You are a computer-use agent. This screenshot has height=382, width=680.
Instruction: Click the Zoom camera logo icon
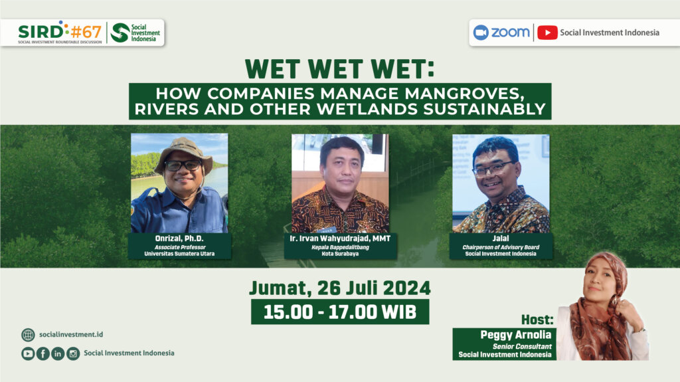tap(481, 33)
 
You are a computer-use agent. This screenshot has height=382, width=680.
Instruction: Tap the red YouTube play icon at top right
tap(547, 33)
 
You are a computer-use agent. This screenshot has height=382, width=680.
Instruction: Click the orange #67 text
tap(86, 32)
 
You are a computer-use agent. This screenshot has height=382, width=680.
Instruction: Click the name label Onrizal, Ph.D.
tap(179, 239)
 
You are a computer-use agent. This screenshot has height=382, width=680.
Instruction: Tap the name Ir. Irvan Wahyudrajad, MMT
tap(340, 239)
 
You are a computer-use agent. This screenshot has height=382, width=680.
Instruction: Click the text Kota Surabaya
tap(340, 254)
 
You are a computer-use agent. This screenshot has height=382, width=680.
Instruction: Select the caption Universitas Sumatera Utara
tap(179, 254)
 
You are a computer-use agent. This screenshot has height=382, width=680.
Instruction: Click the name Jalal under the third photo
tap(501, 239)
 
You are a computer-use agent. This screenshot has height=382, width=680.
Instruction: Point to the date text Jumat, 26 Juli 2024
tap(340, 288)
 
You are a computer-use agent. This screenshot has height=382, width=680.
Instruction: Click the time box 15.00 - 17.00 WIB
tap(340, 312)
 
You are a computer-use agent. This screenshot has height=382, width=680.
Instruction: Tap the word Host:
tap(537, 320)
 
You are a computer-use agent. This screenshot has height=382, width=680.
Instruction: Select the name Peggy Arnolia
tap(515, 335)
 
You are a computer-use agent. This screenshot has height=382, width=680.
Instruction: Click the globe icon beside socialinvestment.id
tap(28, 335)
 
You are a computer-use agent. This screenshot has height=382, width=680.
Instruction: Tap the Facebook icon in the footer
tap(43, 354)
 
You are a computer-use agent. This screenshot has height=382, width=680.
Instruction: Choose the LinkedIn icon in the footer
tap(58, 354)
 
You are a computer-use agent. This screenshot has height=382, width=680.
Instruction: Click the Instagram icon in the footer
tap(73, 354)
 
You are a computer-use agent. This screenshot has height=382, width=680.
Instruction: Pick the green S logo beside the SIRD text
tap(120, 33)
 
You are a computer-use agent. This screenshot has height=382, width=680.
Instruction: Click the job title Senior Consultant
tap(522, 346)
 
